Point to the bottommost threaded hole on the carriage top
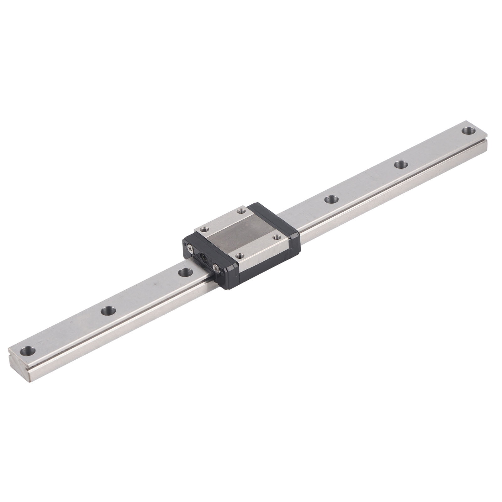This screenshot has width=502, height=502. [x=240, y=256]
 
